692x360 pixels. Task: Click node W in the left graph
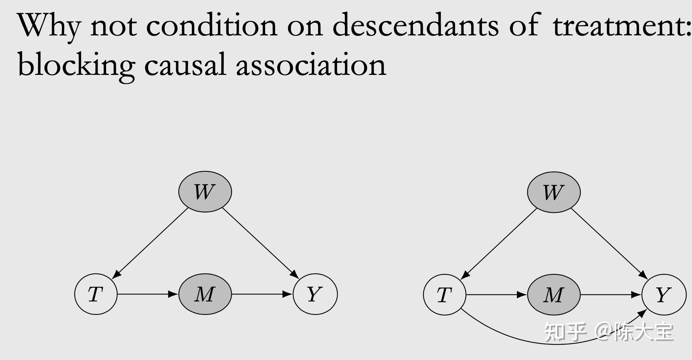point(205,192)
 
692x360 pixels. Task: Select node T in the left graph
point(96,294)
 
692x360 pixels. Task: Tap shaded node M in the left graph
point(205,294)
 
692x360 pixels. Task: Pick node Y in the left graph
point(315,294)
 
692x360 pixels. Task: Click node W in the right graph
point(553,192)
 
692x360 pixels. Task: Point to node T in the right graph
point(444,295)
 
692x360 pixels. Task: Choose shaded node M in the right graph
point(553,295)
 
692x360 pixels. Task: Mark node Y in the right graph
point(664,295)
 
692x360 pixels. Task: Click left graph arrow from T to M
point(147,294)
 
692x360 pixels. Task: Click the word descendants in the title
point(415,25)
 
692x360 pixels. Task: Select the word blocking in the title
point(76,64)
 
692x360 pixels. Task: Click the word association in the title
point(311,64)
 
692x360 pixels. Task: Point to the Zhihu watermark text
point(609,331)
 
